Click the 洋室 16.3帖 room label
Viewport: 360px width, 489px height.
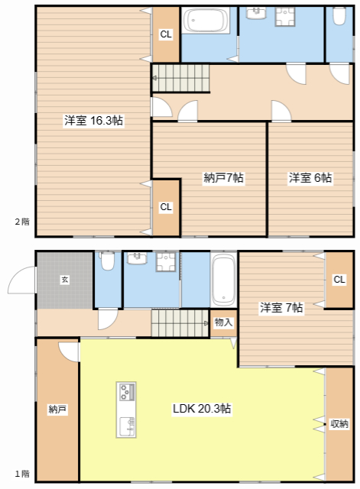point(94,121)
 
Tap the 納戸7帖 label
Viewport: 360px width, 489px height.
point(224,178)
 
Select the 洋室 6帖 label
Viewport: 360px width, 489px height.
point(310,178)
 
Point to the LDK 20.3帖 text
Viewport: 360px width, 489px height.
point(201,409)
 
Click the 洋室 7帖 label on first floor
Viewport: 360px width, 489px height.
point(281,308)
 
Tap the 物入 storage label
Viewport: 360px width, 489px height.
point(223,322)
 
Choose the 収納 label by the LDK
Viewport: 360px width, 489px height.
point(339,423)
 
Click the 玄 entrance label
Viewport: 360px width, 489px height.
point(65,280)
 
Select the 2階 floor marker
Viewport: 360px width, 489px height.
point(22,222)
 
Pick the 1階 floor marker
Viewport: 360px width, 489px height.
point(22,474)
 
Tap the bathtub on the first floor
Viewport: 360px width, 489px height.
point(223,280)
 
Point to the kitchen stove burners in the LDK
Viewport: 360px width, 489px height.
point(126,393)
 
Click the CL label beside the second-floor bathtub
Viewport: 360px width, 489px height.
point(166,34)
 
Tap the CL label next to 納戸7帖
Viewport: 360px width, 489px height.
point(166,207)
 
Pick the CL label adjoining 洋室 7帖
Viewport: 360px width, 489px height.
point(339,280)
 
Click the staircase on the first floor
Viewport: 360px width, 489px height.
point(180,322)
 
